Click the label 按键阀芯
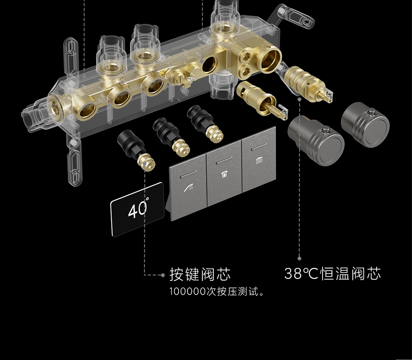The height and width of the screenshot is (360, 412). point(200,274)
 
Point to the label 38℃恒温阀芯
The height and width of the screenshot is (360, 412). point(333,274)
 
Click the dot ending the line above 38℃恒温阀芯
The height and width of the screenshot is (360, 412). point(299,258)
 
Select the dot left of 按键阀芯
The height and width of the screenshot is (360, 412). point(163,275)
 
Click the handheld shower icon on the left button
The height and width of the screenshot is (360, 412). point(188,188)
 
